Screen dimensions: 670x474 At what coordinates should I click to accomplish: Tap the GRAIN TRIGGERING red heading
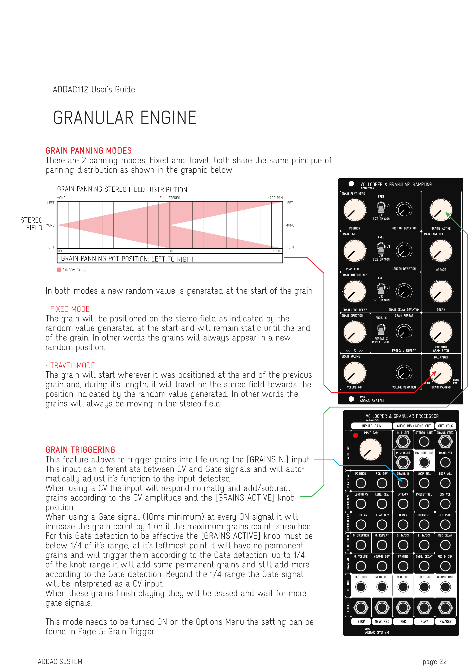pyautogui.click(x=80, y=450)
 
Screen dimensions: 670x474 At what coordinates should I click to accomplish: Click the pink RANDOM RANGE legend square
pyautogui.click(x=59, y=270)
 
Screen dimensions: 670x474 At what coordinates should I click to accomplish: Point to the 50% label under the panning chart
pyautogui.click(x=170, y=251)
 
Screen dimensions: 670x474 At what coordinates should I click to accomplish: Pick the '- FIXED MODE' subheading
pyautogui.click(x=67, y=309)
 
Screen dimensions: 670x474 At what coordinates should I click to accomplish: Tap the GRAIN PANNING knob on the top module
pyautogui.click(x=441, y=373)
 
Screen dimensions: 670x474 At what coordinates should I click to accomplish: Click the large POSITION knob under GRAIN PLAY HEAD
pyautogui.click(x=355, y=210)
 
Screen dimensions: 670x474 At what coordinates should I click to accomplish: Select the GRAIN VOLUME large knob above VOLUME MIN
pyautogui.click(x=355, y=373)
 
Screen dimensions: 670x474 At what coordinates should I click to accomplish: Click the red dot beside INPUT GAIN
pyautogui.click(x=355, y=436)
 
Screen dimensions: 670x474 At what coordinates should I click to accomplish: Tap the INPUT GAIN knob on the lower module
pyautogui.click(x=370, y=450)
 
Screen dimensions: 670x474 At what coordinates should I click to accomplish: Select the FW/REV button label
pyautogui.click(x=445, y=621)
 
